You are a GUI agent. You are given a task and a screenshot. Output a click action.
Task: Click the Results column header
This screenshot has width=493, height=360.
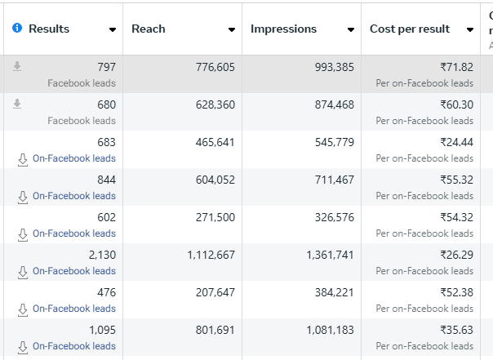(49, 29)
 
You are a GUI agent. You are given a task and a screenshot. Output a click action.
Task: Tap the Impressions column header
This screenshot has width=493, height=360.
(283, 29)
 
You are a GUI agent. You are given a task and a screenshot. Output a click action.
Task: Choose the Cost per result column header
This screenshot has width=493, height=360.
(409, 29)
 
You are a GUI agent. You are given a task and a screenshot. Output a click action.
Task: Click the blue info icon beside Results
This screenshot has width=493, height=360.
(17, 29)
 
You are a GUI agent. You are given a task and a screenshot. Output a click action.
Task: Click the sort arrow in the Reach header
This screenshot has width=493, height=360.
(232, 30)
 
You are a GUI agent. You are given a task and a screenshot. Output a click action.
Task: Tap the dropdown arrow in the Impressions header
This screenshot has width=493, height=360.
(351, 30)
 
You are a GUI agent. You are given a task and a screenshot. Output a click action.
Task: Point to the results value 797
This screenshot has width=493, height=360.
(106, 67)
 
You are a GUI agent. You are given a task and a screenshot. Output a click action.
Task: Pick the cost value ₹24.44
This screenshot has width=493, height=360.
(456, 142)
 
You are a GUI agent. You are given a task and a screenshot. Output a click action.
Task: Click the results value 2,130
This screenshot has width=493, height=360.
(102, 255)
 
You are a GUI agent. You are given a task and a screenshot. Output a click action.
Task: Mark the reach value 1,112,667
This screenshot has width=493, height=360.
(211, 255)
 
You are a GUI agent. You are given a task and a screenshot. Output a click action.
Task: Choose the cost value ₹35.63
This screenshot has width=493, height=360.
(456, 330)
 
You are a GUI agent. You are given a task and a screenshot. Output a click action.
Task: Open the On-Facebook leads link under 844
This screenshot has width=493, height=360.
(73, 196)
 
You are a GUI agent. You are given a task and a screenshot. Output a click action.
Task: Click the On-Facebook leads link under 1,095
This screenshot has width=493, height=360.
(73, 346)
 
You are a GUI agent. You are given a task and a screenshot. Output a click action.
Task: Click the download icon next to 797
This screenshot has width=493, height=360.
(17, 67)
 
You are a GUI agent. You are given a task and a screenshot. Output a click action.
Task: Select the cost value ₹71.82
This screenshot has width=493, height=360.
(456, 67)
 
